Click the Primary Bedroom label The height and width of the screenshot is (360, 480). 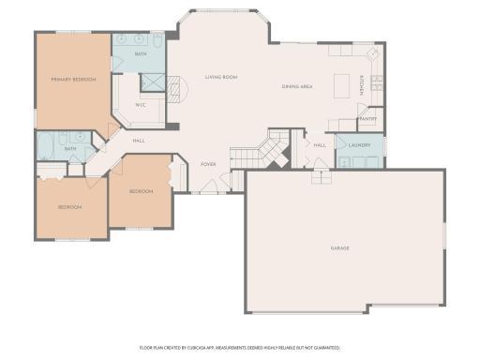(73, 80)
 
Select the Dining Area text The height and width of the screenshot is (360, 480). (297, 87)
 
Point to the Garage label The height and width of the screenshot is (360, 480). (339, 248)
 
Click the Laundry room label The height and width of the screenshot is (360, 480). (360, 145)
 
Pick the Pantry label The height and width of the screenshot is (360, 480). (367, 119)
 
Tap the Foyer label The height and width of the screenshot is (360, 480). (208, 164)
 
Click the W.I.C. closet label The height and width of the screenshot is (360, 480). (140, 105)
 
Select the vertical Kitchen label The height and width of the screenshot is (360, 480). (361, 86)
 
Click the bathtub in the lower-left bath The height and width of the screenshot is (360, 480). (44, 146)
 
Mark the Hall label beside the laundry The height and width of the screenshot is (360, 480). (320, 145)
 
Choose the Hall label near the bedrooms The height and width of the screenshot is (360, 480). (138, 141)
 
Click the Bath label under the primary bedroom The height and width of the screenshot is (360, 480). (70, 148)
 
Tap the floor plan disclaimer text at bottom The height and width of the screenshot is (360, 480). (240, 347)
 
